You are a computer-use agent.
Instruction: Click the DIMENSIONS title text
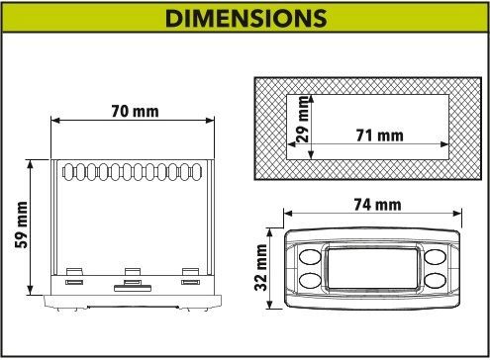click(245, 18)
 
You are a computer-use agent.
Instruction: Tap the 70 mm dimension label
click(135, 111)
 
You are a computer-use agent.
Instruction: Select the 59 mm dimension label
click(22, 225)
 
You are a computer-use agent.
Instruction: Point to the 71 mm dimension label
click(379, 135)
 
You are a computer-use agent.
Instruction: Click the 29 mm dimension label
click(303, 119)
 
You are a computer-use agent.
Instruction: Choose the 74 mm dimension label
click(377, 205)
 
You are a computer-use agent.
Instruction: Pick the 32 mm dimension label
click(260, 267)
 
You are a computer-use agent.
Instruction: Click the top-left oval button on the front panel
click(310, 257)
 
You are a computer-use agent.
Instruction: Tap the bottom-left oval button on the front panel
click(310, 280)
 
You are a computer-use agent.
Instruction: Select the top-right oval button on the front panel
click(436, 257)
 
